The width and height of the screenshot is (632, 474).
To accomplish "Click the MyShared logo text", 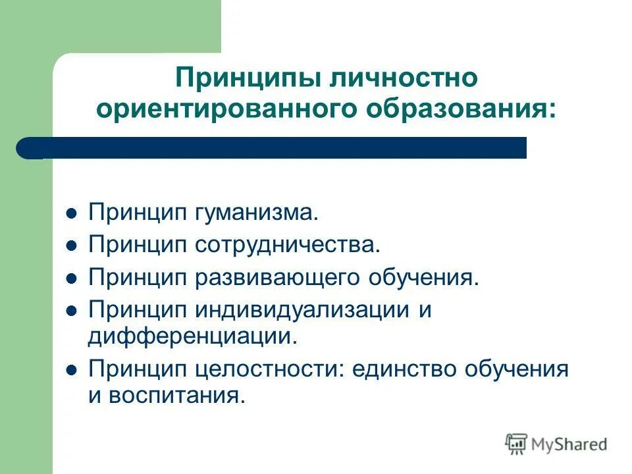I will [569, 444].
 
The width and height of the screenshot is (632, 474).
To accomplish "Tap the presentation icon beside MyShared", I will [517, 444].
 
